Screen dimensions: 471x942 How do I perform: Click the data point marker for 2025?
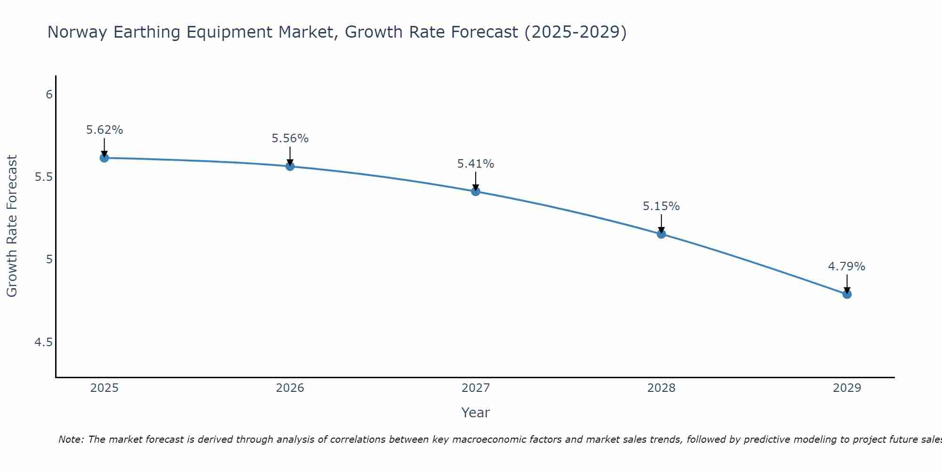105,158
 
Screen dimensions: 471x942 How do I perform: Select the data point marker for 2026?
290,166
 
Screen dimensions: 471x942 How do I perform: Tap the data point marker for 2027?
476,191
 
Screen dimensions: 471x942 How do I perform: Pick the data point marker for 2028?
661,234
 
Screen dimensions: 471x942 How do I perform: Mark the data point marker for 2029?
847,294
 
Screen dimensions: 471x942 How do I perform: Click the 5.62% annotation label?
105,130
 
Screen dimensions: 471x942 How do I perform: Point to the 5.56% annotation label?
290,138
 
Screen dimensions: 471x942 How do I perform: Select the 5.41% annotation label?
476,164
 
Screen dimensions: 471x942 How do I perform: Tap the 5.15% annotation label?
661,206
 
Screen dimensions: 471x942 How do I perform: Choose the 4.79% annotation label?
847,267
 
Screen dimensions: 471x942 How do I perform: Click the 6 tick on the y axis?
49,95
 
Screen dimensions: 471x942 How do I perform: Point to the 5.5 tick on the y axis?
44,177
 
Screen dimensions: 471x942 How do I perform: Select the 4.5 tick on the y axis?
44,342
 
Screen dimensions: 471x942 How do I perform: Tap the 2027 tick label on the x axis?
476,388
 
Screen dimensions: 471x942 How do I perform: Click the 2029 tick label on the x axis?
847,388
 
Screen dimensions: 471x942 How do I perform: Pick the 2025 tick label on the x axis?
105,388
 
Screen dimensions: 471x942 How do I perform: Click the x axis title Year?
476,413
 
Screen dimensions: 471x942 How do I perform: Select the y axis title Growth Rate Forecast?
12,226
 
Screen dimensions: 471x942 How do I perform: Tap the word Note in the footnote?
71,439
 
